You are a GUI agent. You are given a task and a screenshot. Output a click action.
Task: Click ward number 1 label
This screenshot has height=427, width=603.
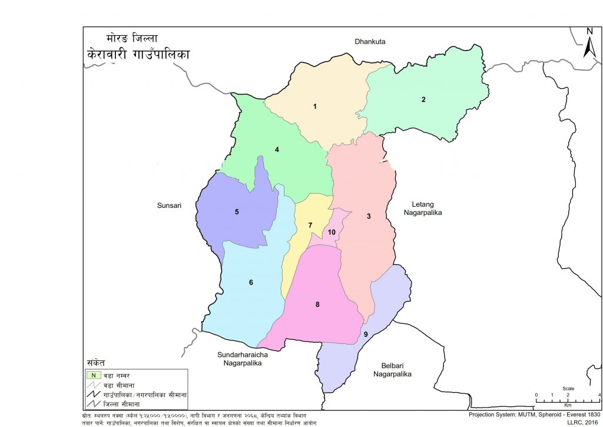pyautogui.click(x=315, y=107)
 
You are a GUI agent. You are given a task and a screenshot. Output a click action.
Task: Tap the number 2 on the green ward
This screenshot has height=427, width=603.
pyautogui.click(x=423, y=99)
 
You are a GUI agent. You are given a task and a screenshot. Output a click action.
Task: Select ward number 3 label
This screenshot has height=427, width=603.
pyautogui.click(x=369, y=216)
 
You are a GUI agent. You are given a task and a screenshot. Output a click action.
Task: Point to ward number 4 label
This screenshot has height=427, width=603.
pyautogui.click(x=276, y=150)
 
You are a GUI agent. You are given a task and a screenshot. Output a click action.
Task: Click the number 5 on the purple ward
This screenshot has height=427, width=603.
pyautogui.click(x=237, y=211)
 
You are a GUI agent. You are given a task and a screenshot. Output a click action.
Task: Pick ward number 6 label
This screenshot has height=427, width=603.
pyautogui.click(x=251, y=283)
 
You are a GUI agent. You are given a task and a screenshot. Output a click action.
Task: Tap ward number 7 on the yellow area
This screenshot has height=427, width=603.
pyautogui.click(x=310, y=226)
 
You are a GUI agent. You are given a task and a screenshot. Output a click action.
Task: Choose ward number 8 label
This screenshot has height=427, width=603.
pyautogui.click(x=317, y=304)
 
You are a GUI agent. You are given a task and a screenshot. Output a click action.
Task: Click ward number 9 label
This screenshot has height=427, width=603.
pyautogui.click(x=366, y=335)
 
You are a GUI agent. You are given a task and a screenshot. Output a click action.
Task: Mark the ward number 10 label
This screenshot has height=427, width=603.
pyautogui.click(x=332, y=233)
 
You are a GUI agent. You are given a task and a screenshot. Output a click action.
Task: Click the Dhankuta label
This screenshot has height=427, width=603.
pyautogui.click(x=369, y=42)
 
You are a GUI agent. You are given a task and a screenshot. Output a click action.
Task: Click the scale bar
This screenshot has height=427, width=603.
pyautogui.click(x=568, y=400)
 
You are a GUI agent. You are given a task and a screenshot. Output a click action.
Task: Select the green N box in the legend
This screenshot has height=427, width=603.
pyautogui.click(x=93, y=375)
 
